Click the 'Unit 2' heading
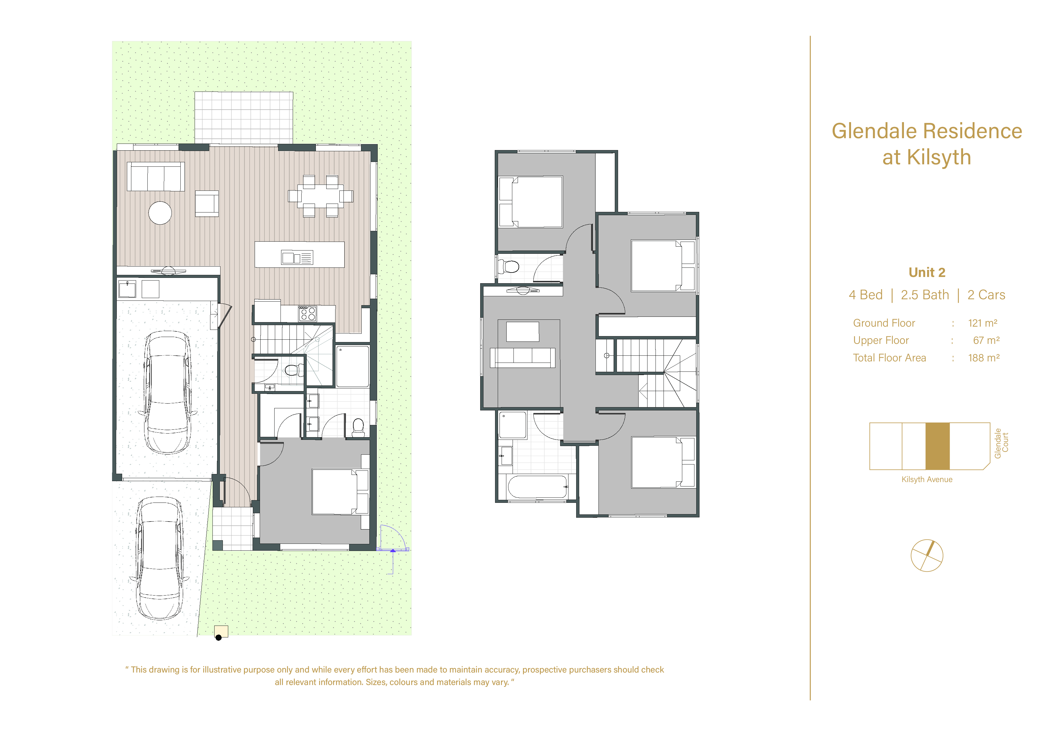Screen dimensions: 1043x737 tap(927, 272)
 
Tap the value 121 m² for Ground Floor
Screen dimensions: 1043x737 tap(983, 323)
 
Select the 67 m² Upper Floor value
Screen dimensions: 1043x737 tap(986, 340)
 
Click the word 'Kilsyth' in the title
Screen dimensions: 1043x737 tap(939, 157)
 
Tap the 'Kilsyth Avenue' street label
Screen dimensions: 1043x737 tap(927, 479)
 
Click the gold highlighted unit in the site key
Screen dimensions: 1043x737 tap(938, 446)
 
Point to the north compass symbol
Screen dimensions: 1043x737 tap(927, 555)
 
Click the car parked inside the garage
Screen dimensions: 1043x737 tap(168, 393)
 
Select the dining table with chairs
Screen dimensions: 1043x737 tap(320, 196)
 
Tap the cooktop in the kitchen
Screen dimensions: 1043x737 tap(307, 314)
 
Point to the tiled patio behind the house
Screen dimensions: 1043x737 tap(244, 118)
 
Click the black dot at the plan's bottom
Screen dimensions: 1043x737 tap(218, 637)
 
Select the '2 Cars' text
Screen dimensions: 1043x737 tap(986, 295)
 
